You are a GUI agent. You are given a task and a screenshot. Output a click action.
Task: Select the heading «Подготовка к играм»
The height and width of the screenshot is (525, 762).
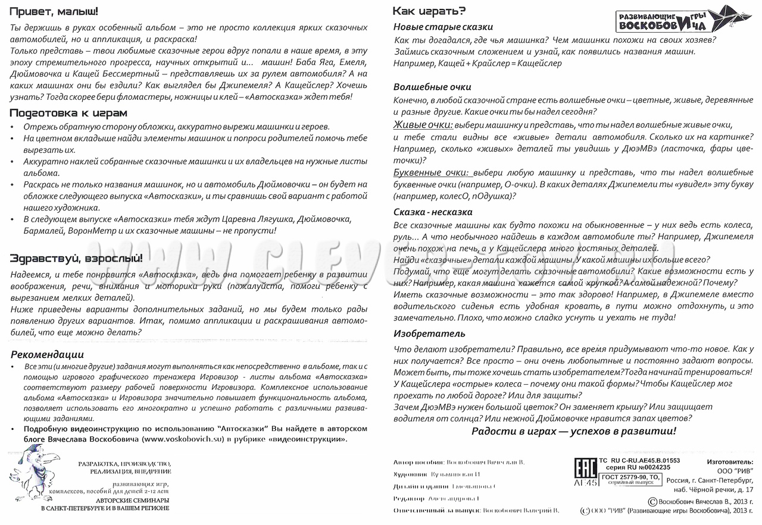click(x=68, y=112)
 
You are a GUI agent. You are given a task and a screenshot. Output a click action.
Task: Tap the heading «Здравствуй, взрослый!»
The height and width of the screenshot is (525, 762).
click(x=76, y=258)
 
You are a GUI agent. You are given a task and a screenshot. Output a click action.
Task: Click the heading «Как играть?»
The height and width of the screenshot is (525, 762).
click(x=429, y=11)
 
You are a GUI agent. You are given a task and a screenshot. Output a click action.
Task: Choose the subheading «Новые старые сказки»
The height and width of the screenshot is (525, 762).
click(x=443, y=27)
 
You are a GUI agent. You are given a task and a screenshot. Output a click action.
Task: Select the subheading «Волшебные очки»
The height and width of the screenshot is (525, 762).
click(x=432, y=87)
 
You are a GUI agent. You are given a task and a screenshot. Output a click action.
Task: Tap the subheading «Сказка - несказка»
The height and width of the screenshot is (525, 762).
click(x=433, y=212)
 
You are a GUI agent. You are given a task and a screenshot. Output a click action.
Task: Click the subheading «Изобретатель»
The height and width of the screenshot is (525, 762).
click(x=424, y=334)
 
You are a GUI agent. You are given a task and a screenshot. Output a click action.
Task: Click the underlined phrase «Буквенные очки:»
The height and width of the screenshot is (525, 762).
click(x=433, y=172)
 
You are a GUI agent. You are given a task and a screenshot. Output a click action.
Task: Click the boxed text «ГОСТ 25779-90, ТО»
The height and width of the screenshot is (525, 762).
click(x=630, y=477)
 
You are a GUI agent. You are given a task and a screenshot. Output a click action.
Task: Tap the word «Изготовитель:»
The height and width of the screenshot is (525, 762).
click(x=729, y=461)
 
